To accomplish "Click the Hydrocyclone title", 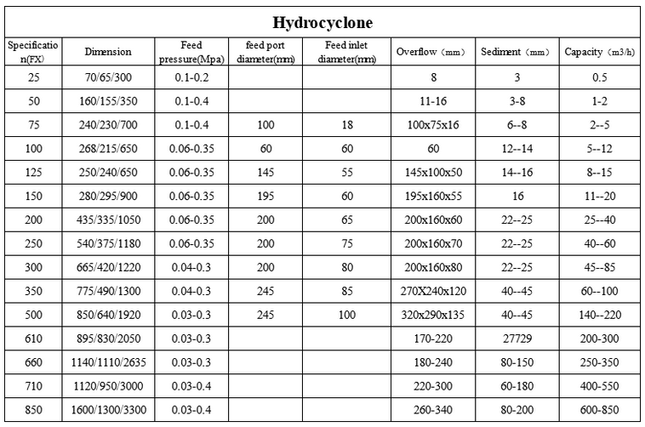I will point(322,22).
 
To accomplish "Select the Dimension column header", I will point(108,52).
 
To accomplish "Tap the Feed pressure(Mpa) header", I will point(191,52).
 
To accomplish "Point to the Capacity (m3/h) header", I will point(599,52).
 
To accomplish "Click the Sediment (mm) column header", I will point(516,52).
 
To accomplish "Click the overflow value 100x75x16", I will point(433,125).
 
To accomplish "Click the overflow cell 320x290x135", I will point(433,315).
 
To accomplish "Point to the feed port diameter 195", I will point(265,196).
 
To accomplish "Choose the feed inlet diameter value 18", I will point(347,125).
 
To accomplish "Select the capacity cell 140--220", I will point(599,315).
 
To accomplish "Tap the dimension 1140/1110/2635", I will point(108,362).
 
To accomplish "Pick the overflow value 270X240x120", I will point(433,291).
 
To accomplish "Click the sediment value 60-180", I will point(516,386).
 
